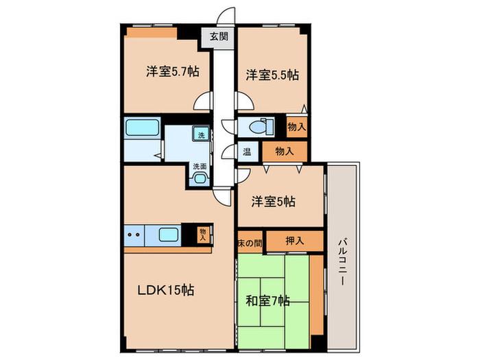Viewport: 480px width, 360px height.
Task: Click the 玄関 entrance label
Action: [219, 37]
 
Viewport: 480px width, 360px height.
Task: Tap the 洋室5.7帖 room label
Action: [173, 72]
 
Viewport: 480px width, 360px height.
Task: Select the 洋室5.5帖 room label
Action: [272, 75]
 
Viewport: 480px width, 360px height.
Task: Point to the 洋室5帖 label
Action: [274, 202]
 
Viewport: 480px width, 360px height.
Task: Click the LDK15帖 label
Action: [166, 290]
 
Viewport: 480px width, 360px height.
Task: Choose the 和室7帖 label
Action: [268, 301]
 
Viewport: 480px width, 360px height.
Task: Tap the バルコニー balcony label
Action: [343, 263]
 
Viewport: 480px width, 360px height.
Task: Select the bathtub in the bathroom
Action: [143, 128]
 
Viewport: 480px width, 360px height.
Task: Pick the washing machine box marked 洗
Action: [201, 134]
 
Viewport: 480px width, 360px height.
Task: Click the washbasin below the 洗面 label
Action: [200, 178]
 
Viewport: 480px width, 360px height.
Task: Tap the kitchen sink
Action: [169, 235]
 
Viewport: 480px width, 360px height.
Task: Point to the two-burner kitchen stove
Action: [134, 235]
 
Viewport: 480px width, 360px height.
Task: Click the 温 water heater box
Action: [247, 152]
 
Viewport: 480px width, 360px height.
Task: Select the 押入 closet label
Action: [294, 241]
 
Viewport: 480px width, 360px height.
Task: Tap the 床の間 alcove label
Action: [250, 243]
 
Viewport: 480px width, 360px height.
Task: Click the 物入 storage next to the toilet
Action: [296, 126]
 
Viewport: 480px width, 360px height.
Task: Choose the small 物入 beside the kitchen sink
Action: [203, 235]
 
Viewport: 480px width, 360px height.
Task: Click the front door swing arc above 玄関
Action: [226, 15]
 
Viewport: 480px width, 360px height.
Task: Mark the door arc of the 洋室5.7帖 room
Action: [202, 101]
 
